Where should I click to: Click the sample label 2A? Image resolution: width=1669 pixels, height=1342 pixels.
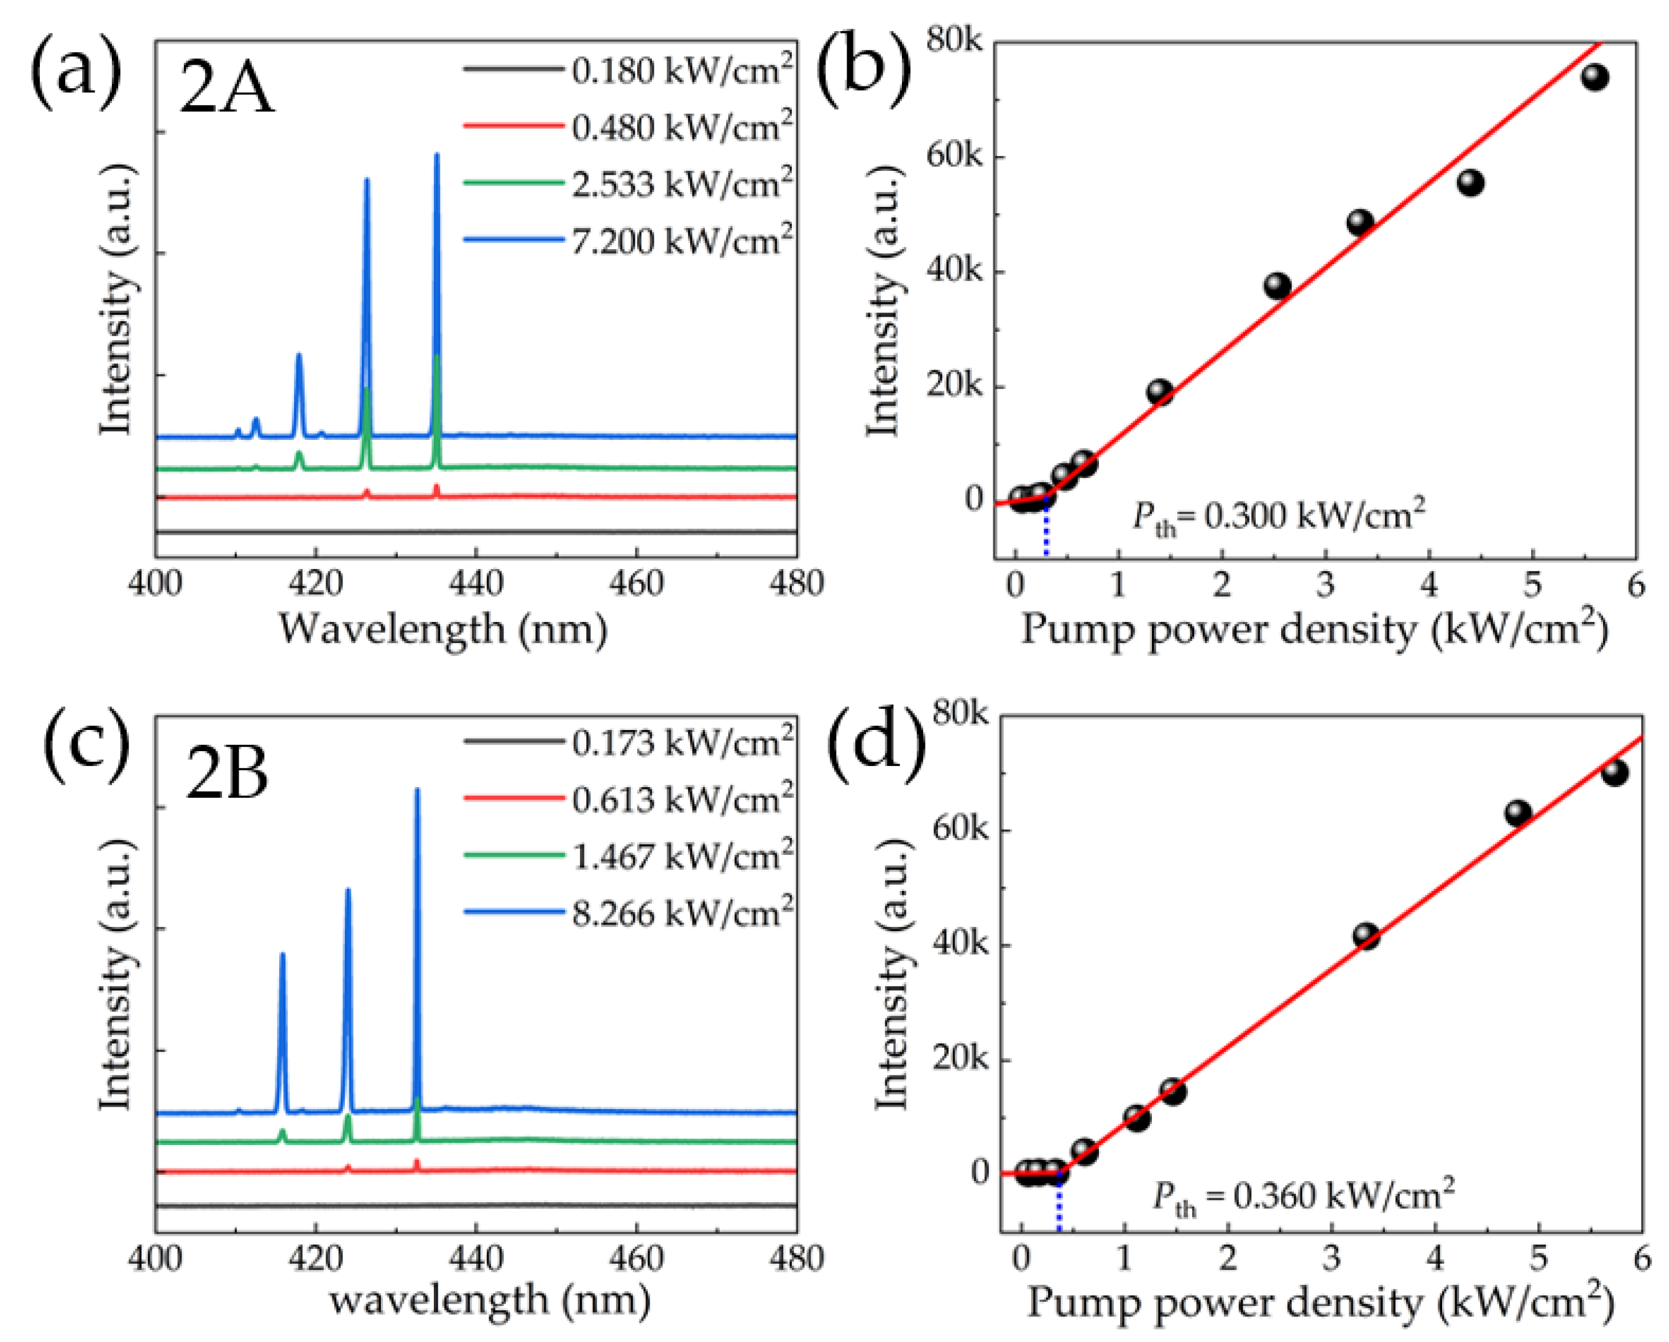click(226, 89)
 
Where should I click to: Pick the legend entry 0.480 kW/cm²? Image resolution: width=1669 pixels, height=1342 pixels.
click(681, 127)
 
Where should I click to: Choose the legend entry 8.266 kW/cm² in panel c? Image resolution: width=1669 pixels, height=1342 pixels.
click(681, 913)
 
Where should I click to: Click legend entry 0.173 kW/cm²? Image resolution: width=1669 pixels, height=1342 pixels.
click(681, 742)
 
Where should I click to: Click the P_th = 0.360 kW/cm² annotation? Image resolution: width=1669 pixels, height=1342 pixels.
click(1303, 1196)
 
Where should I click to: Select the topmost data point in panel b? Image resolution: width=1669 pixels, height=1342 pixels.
click(1594, 76)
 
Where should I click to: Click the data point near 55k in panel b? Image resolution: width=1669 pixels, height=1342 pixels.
click(1470, 183)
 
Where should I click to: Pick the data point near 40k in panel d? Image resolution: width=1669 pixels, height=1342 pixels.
click(1366, 936)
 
